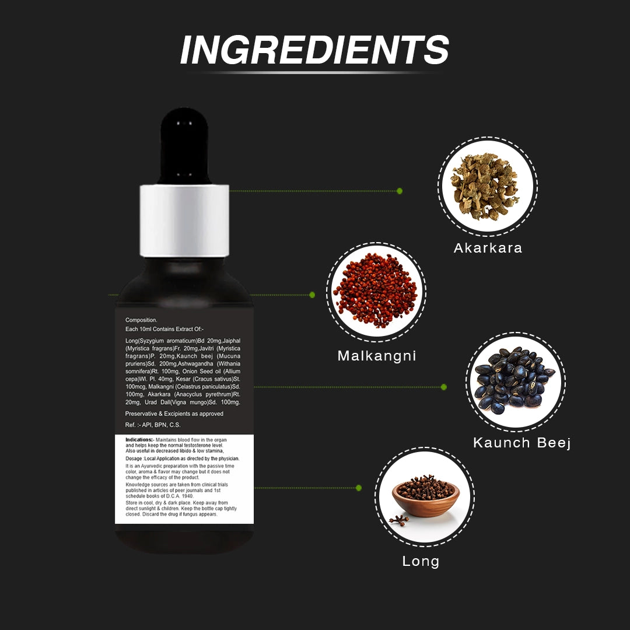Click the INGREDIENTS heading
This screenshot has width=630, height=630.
(314, 50)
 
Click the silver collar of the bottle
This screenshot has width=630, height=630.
(184, 220)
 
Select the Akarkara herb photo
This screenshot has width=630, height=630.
(487, 187)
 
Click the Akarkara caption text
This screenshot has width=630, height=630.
(488, 248)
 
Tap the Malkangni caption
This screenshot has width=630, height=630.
(377, 356)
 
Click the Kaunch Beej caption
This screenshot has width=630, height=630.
(522, 443)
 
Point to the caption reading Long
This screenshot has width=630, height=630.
(421, 562)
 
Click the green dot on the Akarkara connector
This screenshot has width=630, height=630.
(400, 191)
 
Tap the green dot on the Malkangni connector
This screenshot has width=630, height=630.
(312, 295)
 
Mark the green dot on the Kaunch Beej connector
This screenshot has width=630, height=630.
(443, 387)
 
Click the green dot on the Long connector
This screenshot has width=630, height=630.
(359, 488)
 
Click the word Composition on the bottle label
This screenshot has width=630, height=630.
(141, 320)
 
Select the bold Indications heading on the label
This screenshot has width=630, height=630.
(139, 440)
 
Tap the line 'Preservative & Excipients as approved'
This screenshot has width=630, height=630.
(174, 414)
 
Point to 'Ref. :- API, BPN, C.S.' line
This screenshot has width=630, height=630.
(153, 425)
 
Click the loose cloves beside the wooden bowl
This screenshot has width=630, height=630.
(399, 520)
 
